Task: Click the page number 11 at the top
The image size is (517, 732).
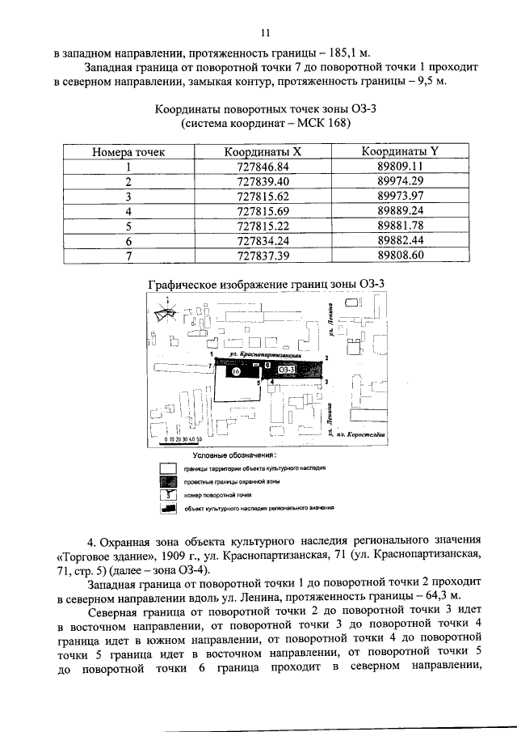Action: [263, 34]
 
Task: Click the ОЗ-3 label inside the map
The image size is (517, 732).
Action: [288, 369]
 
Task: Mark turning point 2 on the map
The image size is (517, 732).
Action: [326, 357]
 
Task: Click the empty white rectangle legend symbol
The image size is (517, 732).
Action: [168, 468]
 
